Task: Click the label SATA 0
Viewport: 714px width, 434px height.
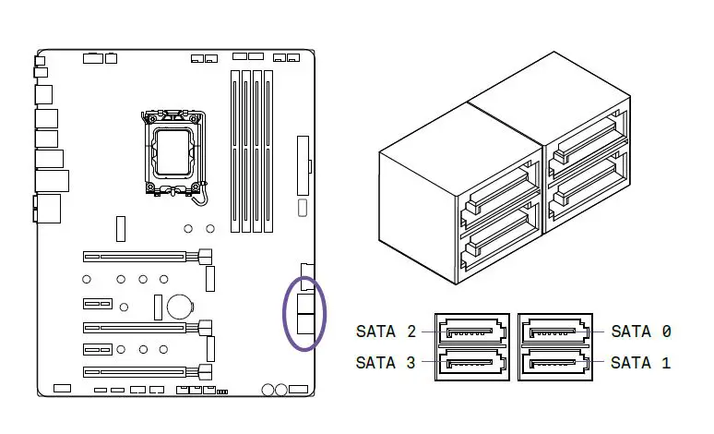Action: (x=641, y=331)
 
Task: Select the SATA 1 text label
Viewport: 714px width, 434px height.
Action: (x=641, y=363)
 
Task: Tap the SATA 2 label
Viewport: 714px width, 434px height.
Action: (x=387, y=331)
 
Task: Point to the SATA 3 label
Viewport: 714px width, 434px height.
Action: (x=387, y=363)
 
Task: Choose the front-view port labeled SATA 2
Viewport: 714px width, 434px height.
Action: (x=473, y=332)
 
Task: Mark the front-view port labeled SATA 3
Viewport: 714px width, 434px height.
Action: (x=473, y=362)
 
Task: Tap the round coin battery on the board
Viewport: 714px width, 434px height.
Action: (x=179, y=304)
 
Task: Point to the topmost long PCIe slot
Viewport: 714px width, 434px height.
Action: (x=138, y=256)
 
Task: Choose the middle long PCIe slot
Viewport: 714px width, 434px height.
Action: (x=138, y=326)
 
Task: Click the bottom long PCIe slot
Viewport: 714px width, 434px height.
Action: (x=138, y=372)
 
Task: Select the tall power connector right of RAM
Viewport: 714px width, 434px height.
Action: (x=303, y=163)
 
